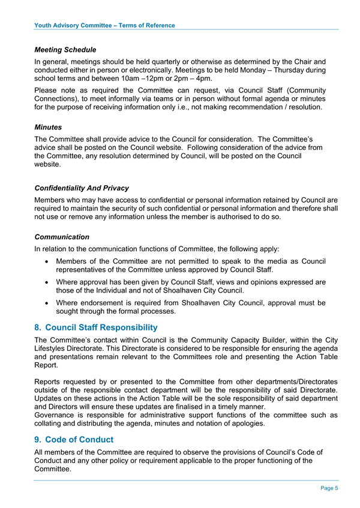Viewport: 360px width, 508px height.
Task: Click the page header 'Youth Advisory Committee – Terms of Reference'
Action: (105, 25)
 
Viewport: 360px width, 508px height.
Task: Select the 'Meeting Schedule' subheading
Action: (65, 49)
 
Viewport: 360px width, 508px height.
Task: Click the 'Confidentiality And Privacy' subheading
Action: (82, 188)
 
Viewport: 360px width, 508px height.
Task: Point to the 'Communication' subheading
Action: (62, 237)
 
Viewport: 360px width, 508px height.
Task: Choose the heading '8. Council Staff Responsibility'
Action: (96, 327)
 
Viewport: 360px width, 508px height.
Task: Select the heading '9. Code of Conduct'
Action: (74, 439)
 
